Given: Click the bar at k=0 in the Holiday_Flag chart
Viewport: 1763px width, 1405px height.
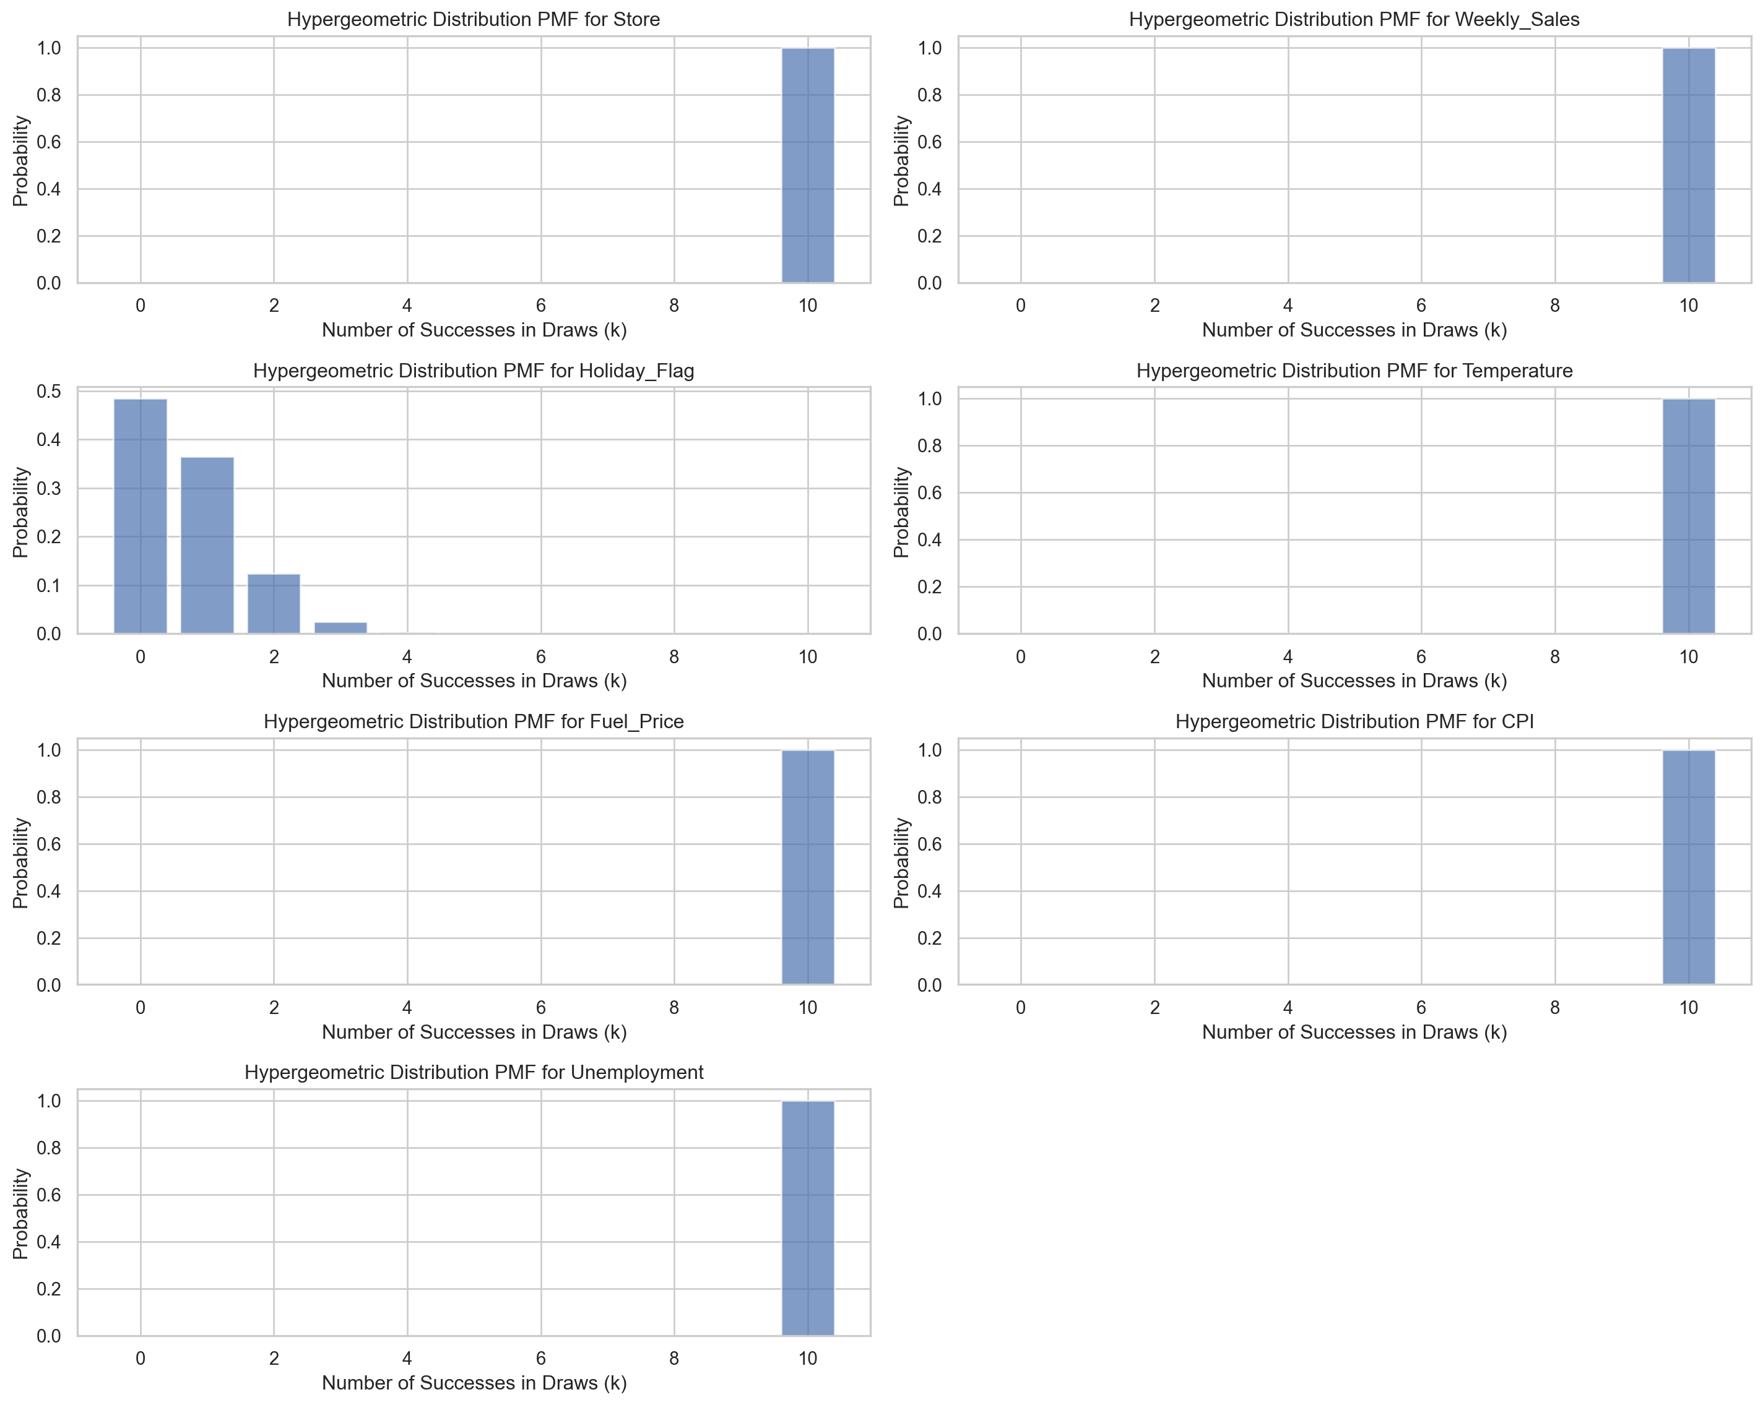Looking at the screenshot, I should click(x=140, y=516).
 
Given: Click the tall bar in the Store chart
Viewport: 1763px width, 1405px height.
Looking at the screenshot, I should click(x=808, y=165).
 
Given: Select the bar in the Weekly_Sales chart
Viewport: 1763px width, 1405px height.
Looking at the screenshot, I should click(x=1689, y=165).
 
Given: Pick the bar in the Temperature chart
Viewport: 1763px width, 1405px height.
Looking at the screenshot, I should click(x=1689, y=516).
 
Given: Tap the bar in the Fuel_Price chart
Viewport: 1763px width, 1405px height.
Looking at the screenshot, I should click(x=808, y=867).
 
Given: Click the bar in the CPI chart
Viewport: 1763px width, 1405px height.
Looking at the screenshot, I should click(x=1689, y=867).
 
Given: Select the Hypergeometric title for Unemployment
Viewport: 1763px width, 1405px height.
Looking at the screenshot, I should click(x=474, y=1072).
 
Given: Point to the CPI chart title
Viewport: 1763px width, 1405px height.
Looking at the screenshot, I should click(x=1354, y=722).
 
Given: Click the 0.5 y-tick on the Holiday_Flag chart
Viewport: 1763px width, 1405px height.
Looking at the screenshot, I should click(x=49, y=392).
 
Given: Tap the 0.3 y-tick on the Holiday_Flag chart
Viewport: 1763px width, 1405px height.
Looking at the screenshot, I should click(x=49, y=489).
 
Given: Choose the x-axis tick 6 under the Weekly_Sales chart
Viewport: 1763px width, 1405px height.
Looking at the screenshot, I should click(x=1421, y=306).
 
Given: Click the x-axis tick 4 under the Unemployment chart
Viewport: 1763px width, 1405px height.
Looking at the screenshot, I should click(x=407, y=1359).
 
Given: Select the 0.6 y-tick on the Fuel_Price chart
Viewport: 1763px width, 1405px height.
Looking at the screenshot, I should click(x=49, y=844).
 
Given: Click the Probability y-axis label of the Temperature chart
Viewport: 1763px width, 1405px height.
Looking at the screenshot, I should click(x=901, y=512).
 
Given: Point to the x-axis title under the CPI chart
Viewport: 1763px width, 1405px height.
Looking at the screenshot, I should click(x=1354, y=1033).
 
